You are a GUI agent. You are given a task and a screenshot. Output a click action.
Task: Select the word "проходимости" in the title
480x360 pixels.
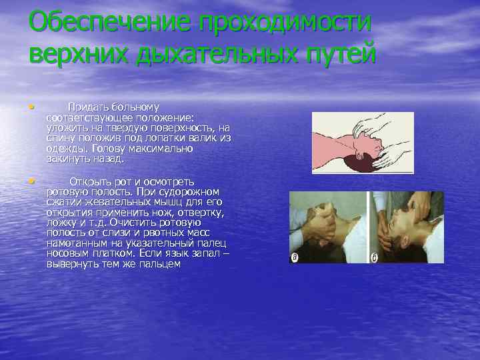pos(283,22)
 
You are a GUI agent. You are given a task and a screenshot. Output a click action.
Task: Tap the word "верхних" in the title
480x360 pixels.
pos(79,53)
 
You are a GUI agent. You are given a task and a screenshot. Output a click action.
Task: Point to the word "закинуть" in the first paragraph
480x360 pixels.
pos(67,159)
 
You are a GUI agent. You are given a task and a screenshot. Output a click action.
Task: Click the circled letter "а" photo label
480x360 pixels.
pos(295,258)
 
